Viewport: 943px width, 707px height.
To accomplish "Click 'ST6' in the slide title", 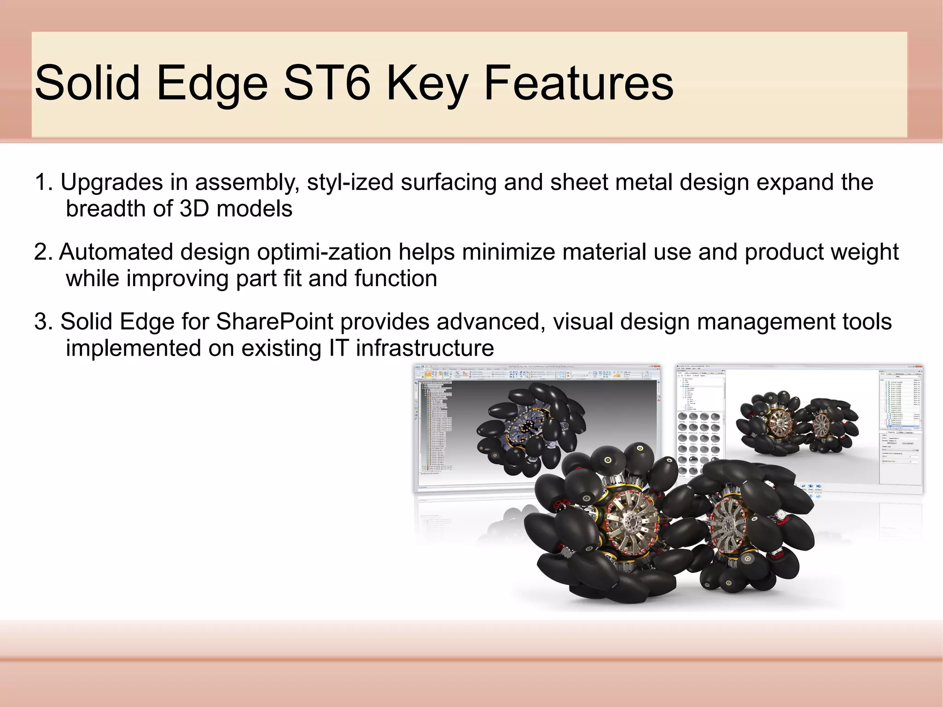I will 327,83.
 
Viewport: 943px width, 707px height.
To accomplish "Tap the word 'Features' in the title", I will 578,83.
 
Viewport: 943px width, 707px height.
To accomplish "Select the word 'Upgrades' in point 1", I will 112,182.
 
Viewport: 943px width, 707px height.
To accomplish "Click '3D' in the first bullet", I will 194,209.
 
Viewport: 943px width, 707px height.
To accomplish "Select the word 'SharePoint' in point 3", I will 274,321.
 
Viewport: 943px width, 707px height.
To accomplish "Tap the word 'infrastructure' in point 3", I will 425,348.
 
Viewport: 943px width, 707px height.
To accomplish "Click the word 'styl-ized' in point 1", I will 350,182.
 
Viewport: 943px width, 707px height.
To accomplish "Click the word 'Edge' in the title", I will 211,83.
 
